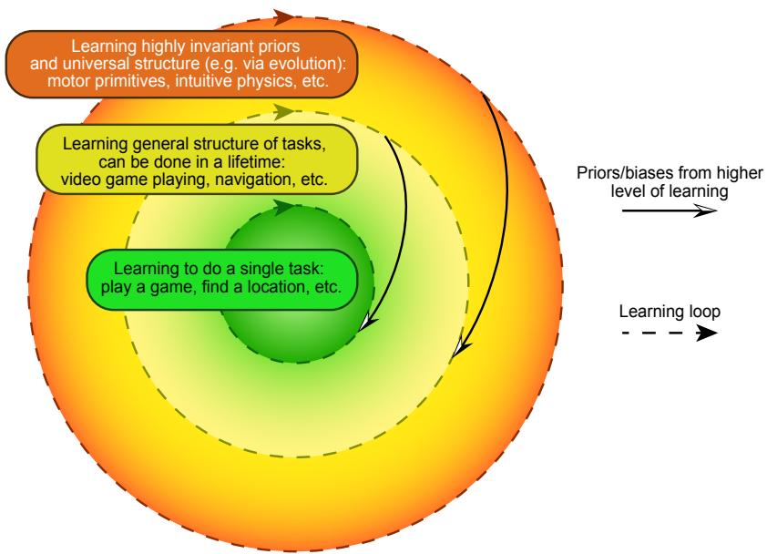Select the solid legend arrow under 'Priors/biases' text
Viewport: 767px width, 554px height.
click(x=670, y=210)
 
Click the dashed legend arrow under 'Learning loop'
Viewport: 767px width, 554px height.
click(x=670, y=334)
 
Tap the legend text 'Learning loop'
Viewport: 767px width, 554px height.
click(x=670, y=312)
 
